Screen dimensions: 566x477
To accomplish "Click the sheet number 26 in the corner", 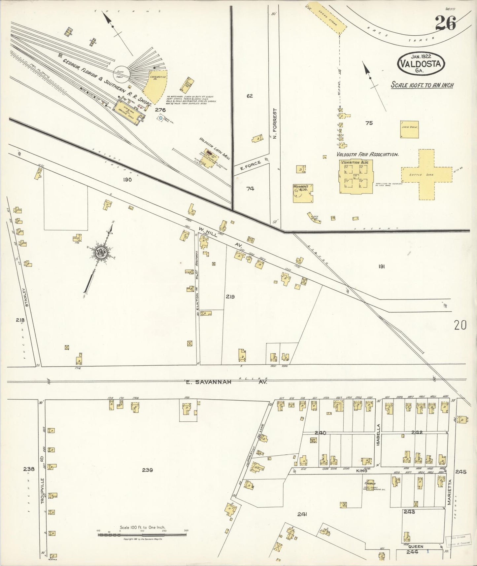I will point(445,23).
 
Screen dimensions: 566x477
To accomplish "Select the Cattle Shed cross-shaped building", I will point(426,175).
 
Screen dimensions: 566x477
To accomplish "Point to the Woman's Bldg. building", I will point(302,193).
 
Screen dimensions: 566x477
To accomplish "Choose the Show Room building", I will point(409,130).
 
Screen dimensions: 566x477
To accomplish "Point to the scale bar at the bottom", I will point(142,534).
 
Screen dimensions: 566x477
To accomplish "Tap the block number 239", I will point(147,470).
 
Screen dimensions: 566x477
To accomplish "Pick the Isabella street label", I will point(379,435).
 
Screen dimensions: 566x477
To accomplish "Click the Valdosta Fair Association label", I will point(367,154).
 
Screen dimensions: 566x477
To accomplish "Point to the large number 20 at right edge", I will point(460,326).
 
